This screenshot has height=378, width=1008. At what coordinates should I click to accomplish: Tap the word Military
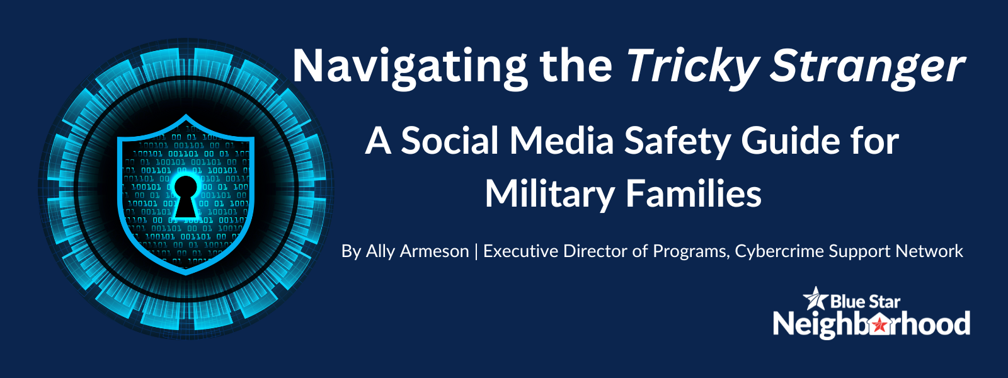click(x=549, y=195)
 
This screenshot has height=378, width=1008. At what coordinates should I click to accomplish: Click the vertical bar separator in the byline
click(x=476, y=252)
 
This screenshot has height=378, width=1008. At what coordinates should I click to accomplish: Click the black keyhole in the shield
click(x=185, y=196)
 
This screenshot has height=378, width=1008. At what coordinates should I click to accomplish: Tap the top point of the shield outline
click(x=186, y=115)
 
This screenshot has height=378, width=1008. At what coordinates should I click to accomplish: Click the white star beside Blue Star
click(x=815, y=299)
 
